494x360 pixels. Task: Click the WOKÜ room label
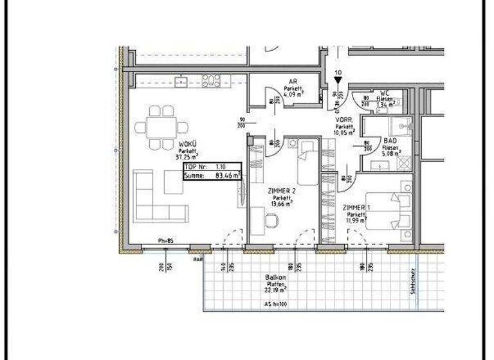pos(188,144)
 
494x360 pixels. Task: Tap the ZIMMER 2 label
pos(281,191)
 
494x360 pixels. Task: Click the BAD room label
pos(390,140)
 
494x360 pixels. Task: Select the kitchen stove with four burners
pos(211,80)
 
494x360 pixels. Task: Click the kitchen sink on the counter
pos(183,81)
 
